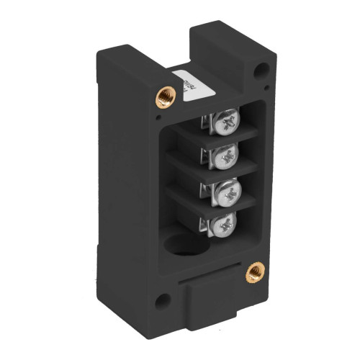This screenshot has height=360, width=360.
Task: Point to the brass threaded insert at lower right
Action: click(x=254, y=272)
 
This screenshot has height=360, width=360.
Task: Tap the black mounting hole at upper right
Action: click(x=262, y=70)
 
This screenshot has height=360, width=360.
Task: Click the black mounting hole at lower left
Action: click(x=163, y=301)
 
